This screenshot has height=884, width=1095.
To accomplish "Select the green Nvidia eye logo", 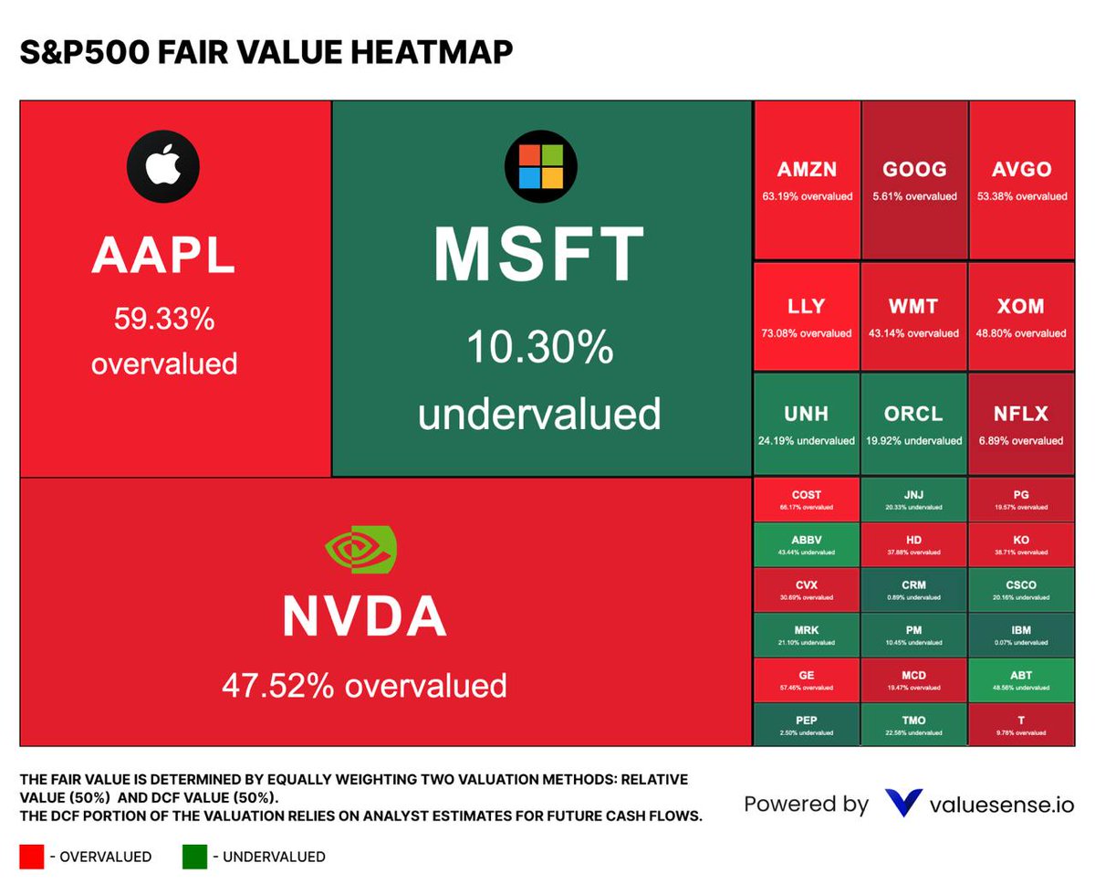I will coord(361,550).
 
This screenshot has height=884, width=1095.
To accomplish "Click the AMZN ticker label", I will coord(807,170).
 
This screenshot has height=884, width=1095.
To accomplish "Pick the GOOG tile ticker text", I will coord(914,170).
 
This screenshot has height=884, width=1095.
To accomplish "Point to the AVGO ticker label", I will coord(1021,170).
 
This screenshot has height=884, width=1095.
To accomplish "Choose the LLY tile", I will coord(807,316).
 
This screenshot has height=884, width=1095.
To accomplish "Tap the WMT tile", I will coord(913,316).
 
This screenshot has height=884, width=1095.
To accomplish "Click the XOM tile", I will coord(1021,316).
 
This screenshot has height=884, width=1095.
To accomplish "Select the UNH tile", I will coord(807,424).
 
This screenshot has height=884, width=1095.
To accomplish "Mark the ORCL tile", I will coord(913,424).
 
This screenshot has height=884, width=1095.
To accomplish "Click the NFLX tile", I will coord(1021,424).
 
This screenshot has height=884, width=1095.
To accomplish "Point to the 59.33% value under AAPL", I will coord(163,320).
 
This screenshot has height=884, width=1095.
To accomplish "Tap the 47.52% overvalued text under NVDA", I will coord(364,684).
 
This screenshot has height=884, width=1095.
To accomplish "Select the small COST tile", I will coord(807,499).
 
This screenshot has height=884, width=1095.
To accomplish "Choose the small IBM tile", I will coord(1021,634).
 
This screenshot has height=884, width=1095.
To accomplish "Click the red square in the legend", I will coord(32,856).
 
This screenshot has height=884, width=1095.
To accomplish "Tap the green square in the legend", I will coord(195,856).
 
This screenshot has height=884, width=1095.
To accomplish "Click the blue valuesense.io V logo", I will coord(903,804).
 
